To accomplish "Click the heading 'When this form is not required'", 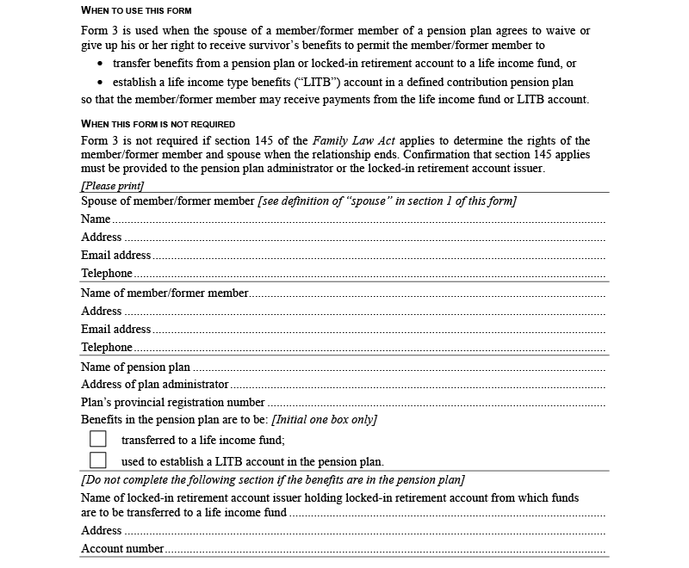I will click(158, 124).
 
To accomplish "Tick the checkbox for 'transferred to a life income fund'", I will click(98, 439).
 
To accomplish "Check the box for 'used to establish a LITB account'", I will click(98, 460).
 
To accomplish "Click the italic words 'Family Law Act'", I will click(348, 140).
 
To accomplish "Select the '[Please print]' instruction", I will click(113, 186).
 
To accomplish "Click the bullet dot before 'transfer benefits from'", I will click(101, 65).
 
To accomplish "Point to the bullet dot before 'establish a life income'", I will click(101, 83).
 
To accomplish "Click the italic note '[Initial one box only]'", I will click(324, 420).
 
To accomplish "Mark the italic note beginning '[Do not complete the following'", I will click(272, 480).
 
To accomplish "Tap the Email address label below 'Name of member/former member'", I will click(116, 329).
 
